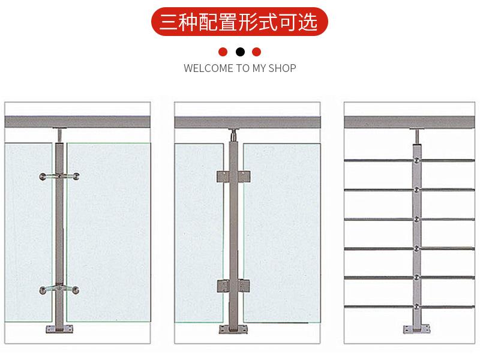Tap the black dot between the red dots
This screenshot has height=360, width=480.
(240, 52)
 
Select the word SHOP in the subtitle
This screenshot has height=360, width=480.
(282, 68)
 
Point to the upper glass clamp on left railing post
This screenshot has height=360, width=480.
(59, 177)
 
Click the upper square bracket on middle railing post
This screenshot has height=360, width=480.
(232, 176)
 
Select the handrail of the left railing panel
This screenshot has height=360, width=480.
(78, 122)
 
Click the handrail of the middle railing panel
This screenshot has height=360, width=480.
(247, 122)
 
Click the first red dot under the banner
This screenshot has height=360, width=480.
(223, 52)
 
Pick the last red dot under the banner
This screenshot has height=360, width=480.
(257, 52)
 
